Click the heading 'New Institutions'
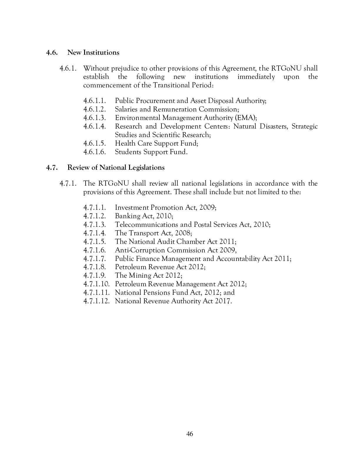93,53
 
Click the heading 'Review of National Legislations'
116,168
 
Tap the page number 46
190,434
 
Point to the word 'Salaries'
125,109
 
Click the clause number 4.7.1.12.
96,301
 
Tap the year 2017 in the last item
223,301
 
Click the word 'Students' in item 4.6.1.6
128,152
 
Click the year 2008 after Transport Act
182,233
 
